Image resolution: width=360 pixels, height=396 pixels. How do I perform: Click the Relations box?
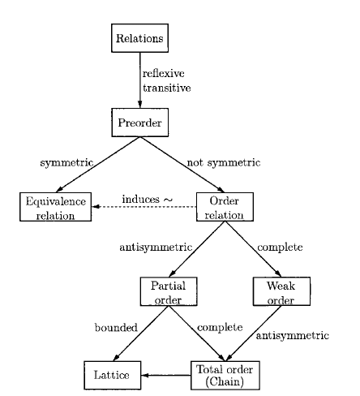pyautogui.click(x=139, y=37)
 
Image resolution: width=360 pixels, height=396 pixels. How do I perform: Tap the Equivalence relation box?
pyautogui.click(x=55, y=207)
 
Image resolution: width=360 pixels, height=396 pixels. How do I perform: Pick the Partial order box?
pyautogui.click(x=169, y=291)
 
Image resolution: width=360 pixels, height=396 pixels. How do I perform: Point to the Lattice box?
pyautogui.click(x=112, y=376)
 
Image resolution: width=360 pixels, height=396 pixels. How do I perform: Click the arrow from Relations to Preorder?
pyautogui.click(x=140, y=81)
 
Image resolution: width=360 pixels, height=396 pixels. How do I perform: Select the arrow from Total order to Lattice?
pyautogui.click(x=166, y=376)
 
